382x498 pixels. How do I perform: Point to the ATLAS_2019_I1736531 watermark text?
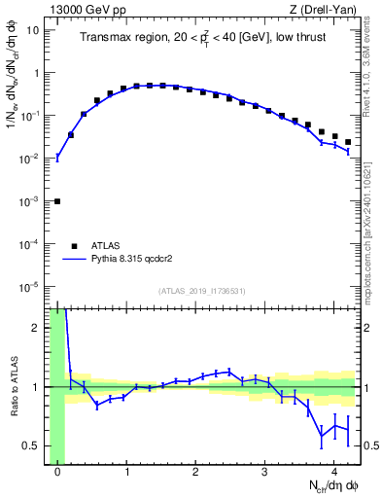203,292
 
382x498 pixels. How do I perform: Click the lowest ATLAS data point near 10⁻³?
56,201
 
